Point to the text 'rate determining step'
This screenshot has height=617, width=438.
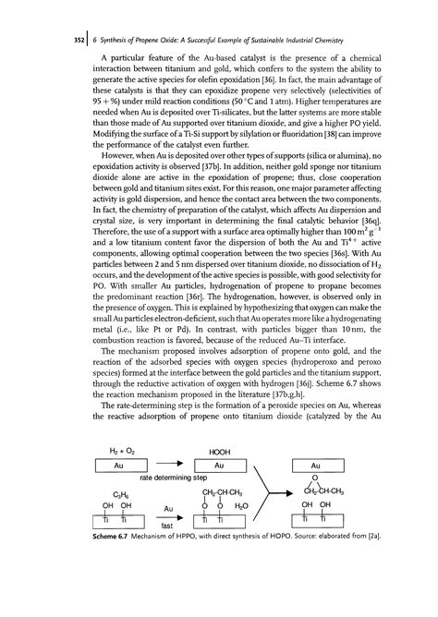point(172,505)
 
